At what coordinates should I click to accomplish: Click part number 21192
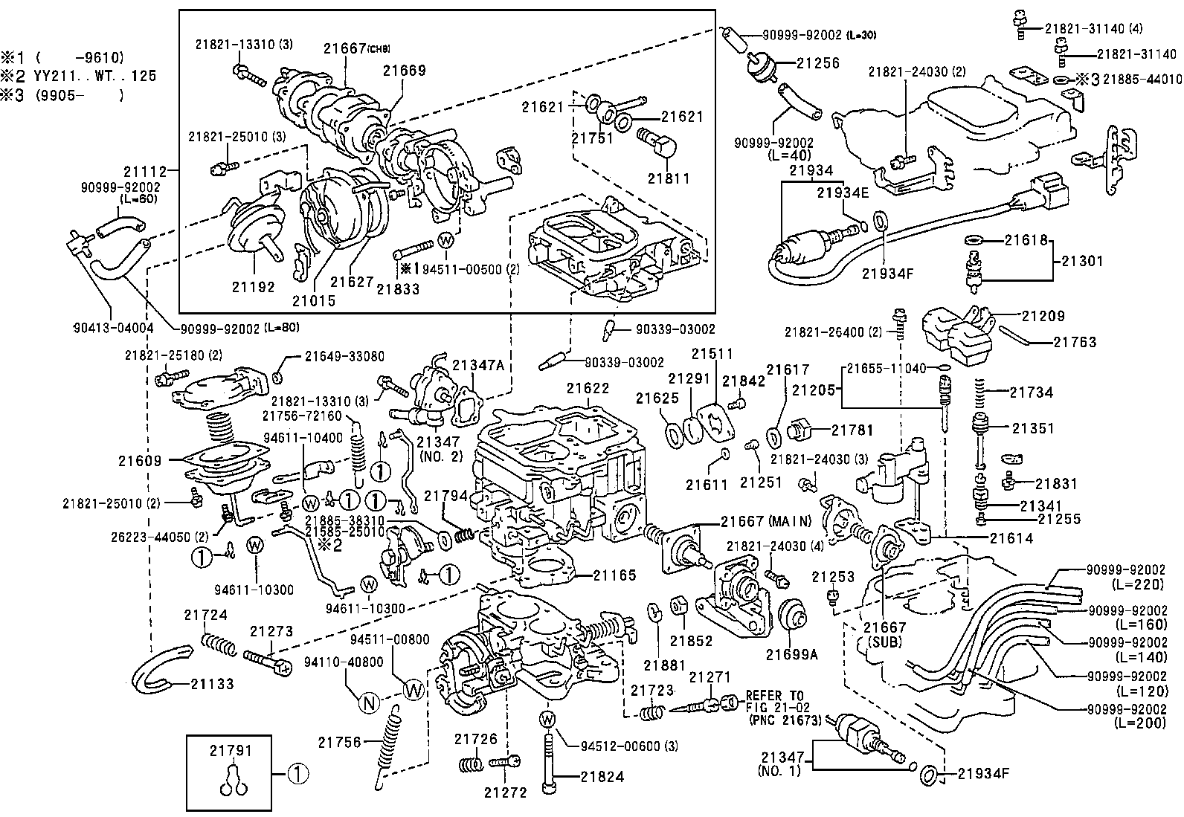[253, 286]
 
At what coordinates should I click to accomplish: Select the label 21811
[668, 178]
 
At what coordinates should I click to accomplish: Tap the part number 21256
[818, 63]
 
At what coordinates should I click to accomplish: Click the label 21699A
[791, 654]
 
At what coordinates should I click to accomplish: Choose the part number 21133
[212, 683]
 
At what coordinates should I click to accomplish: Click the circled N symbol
[370, 702]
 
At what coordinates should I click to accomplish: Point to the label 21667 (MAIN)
[765, 521]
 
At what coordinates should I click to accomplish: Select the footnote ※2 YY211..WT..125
[78, 76]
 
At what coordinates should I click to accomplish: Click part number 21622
[588, 388]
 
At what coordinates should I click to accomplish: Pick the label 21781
[852, 430]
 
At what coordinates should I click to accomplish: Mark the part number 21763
[1075, 343]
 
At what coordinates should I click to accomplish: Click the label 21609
[139, 461]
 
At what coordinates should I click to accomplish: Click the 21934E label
[843, 193]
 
